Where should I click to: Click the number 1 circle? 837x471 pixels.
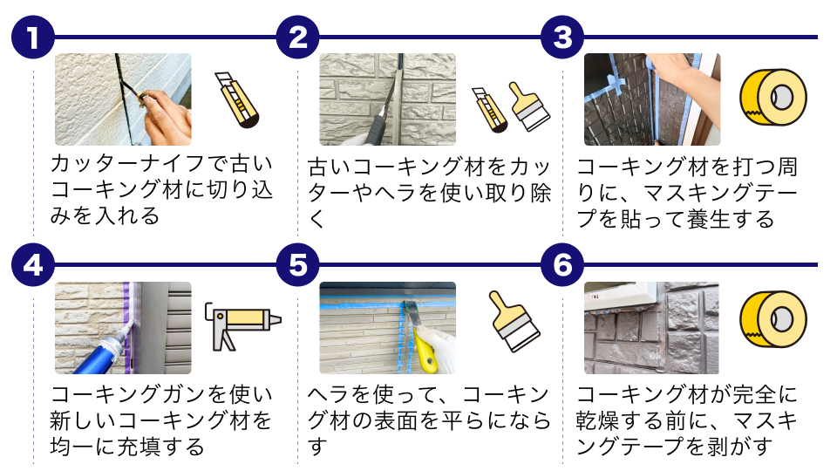pyautogui.click(x=33, y=38)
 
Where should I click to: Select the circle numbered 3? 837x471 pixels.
pyautogui.click(x=562, y=38)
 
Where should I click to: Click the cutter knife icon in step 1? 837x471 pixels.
pyautogui.click(x=236, y=100)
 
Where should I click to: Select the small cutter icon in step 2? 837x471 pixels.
pyautogui.click(x=489, y=110)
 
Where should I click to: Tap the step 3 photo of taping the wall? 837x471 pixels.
pyautogui.click(x=651, y=99)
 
